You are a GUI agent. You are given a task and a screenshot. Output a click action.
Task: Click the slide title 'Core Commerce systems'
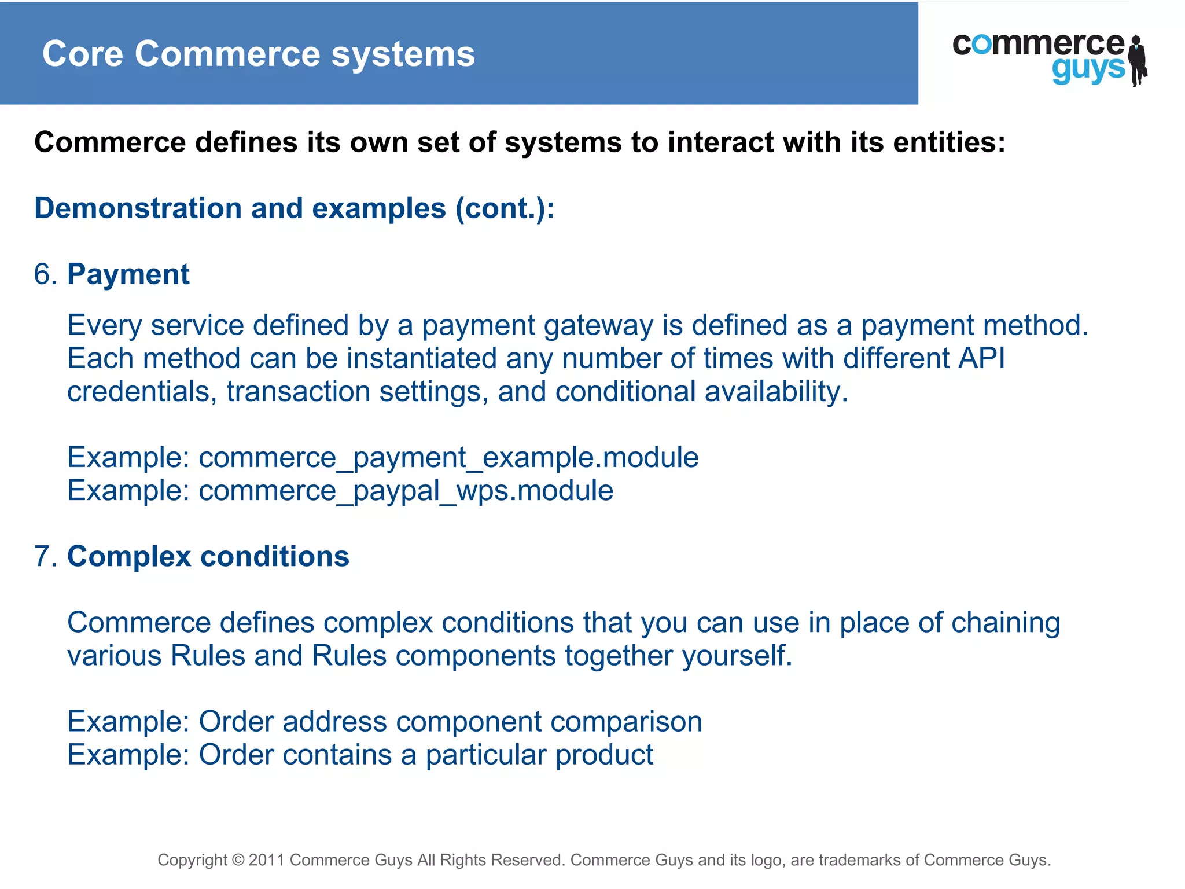point(258,54)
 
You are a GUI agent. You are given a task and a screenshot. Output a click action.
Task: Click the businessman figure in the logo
point(1138,60)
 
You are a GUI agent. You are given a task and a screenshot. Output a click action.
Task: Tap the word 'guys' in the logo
point(1088,70)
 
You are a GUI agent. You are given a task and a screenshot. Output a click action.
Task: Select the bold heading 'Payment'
point(128,274)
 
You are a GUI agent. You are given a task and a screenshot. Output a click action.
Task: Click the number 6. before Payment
point(45,274)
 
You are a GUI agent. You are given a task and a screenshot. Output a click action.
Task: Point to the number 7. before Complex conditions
point(45,557)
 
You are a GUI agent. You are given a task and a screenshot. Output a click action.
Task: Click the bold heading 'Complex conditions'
point(208,557)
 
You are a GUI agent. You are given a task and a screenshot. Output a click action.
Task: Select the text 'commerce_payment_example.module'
point(448,458)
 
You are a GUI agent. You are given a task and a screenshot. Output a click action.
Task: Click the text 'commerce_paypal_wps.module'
point(406,491)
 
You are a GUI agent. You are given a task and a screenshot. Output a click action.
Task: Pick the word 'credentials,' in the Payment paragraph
point(142,392)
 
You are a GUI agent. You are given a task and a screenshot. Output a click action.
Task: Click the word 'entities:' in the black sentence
point(949,142)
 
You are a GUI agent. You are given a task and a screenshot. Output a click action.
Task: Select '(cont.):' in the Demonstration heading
point(505,208)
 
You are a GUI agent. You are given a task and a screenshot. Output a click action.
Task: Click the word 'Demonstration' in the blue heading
point(138,208)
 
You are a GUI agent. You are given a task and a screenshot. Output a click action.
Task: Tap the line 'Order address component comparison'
point(450,722)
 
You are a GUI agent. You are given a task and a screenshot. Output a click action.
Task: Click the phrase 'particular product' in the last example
point(539,755)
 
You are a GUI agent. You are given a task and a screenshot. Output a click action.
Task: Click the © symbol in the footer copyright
point(238,860)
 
